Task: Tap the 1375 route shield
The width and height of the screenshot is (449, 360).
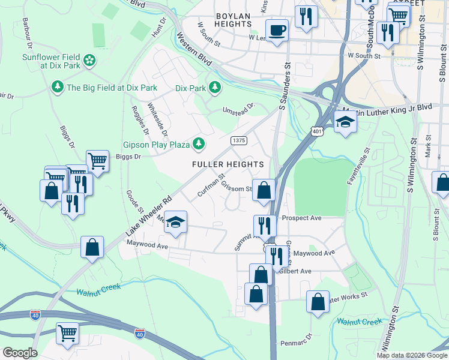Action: (239, 140)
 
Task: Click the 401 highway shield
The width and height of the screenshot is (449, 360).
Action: (316, 130)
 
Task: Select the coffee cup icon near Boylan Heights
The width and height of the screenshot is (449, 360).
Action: (277, 30)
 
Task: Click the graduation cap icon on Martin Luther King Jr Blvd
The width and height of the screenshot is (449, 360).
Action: (346, 122)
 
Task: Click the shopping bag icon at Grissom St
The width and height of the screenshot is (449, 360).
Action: (264, 190)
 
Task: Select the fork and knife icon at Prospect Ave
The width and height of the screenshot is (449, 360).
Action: (265, 226)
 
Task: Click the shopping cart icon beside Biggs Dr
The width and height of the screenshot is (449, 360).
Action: (97, 160)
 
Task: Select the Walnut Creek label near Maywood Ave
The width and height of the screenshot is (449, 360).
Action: (98, 290)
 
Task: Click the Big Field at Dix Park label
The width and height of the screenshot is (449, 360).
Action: (112, 88)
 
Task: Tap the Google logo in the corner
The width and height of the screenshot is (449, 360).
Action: (20, 353)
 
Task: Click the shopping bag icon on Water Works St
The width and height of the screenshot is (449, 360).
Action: (318, 302)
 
